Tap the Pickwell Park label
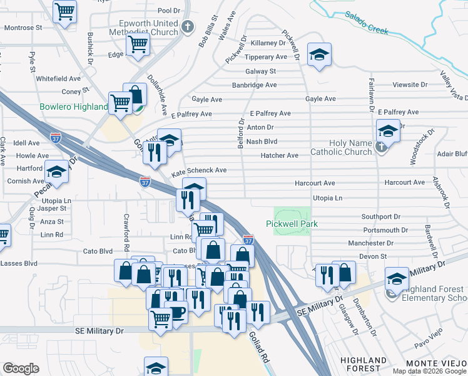pyautogui.click(x=292, y=224)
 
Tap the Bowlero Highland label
pyautogui.click(x=74, y=107)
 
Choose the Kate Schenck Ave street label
pyautogui.click(x=199, y=170)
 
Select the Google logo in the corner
pyautogui.click(x=21, y=368)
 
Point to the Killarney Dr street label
pyautogui.click(x=267, y=43)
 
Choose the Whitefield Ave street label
pyautogui.click(x=58, y=79)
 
